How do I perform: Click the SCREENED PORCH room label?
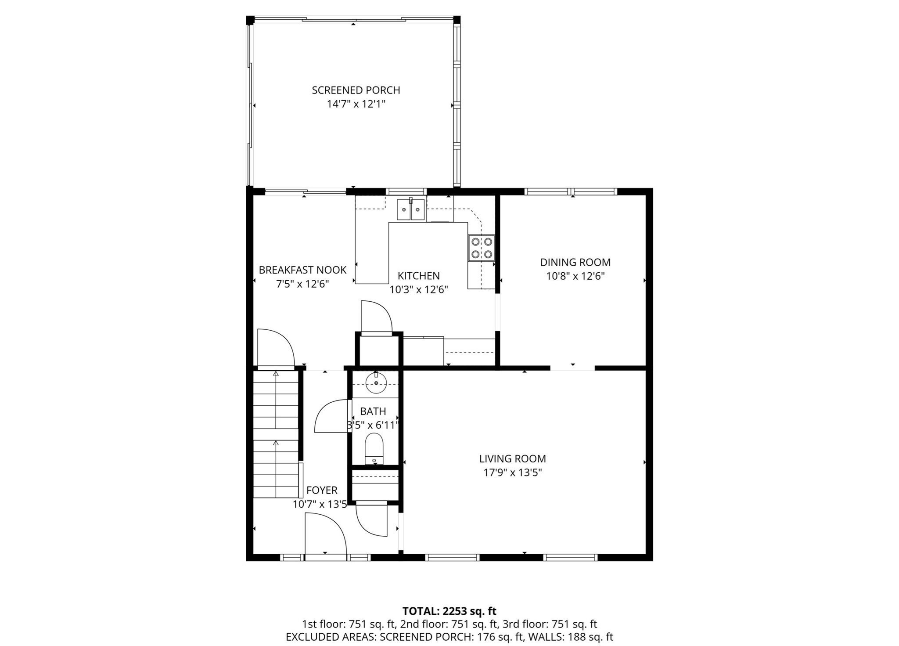356,90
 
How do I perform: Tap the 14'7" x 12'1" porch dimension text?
356,104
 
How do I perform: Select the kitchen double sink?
411,209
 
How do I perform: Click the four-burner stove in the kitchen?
481,248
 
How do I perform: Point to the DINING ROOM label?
575,262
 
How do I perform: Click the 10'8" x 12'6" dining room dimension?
575,276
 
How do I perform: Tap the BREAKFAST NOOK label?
302,270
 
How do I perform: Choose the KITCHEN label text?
418,276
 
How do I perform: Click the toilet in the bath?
374,448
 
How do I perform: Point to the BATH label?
373,411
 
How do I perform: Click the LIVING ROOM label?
512,458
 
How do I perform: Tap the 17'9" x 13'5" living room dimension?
512,473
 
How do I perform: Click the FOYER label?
322,490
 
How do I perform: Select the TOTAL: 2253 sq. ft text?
449,611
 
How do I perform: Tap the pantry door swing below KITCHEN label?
376,317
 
